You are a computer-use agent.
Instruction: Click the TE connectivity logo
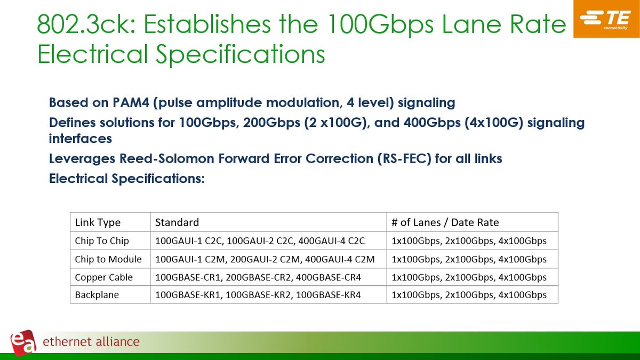click(x=606, y=19)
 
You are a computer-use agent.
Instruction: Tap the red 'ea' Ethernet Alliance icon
click(x=23, y=341)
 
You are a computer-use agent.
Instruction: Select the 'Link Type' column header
click(x=98, y=222)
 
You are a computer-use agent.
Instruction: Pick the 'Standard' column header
click(x=177, y=222)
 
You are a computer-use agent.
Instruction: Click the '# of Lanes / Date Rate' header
click(x=445, y=222)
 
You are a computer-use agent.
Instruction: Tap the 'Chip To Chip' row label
click(x=102, y=241)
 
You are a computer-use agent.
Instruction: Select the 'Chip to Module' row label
click(x=108, y=259)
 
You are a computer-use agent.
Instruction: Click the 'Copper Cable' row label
click(x=104, y=277)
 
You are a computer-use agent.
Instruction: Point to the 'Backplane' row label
click(x=97, y=295)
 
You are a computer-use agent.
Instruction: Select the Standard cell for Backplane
click(x=258, y=295)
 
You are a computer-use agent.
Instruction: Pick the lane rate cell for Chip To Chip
click(x=469, y=241)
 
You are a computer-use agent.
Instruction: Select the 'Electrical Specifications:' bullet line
click(x=127, y=179)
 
